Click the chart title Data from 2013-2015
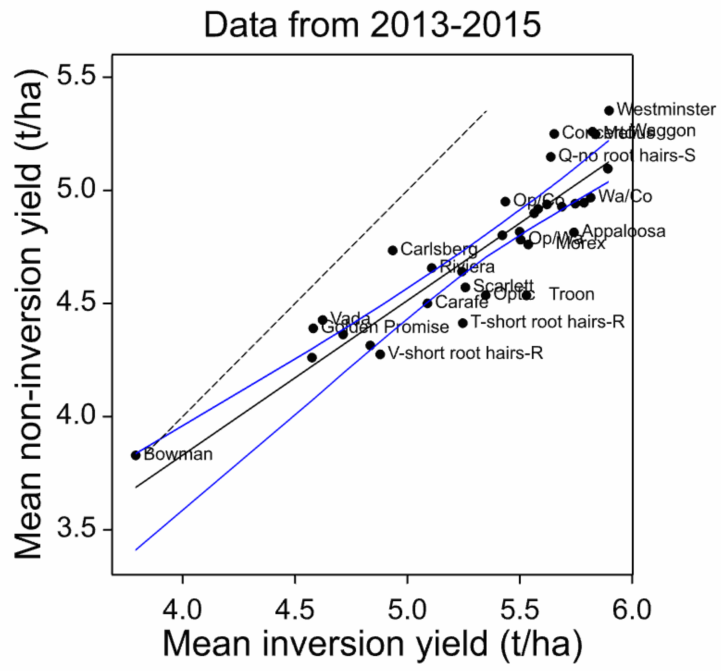pos(372,25)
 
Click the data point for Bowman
pos(136,455)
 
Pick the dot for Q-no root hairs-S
pos(551,157)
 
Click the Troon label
pos(572,294)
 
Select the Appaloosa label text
pos(624,231)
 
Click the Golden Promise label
pos(385,327)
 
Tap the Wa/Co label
pos(625,196)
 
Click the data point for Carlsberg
pos(392,250)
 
